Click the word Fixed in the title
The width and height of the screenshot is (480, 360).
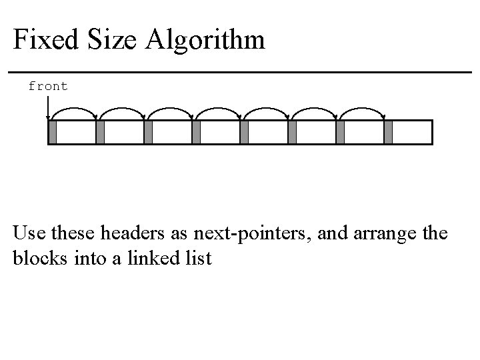(x=44, y=40)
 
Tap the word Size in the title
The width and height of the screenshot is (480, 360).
(x=110, y=40)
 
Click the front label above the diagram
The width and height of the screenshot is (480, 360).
(x=48, y=86)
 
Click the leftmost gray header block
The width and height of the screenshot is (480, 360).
(x=53, y=132)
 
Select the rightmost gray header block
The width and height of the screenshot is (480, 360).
(x=389, y=132)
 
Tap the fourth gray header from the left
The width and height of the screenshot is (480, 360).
(x=196, y=132)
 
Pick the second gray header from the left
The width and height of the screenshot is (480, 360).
(x=100, y=132)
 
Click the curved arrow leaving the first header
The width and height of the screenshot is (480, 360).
(x=75, y=109)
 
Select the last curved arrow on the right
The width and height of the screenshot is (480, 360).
(x=363, y=109)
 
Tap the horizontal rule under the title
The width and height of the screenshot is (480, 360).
(x=240, y=72)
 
